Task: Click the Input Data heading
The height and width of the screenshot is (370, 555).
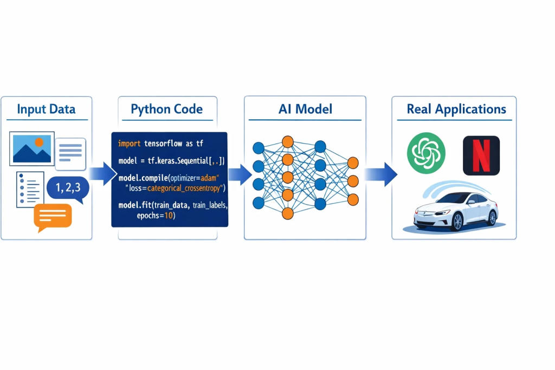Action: tap(46, 109)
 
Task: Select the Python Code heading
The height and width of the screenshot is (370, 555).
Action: tap(167, 109)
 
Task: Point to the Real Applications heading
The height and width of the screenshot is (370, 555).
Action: tap(456, 109)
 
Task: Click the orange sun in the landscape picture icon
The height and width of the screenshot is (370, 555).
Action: tap(38, 142)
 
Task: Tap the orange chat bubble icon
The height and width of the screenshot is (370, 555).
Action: tap(53, 215)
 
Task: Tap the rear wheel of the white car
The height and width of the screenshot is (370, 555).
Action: tap(492, 217)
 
